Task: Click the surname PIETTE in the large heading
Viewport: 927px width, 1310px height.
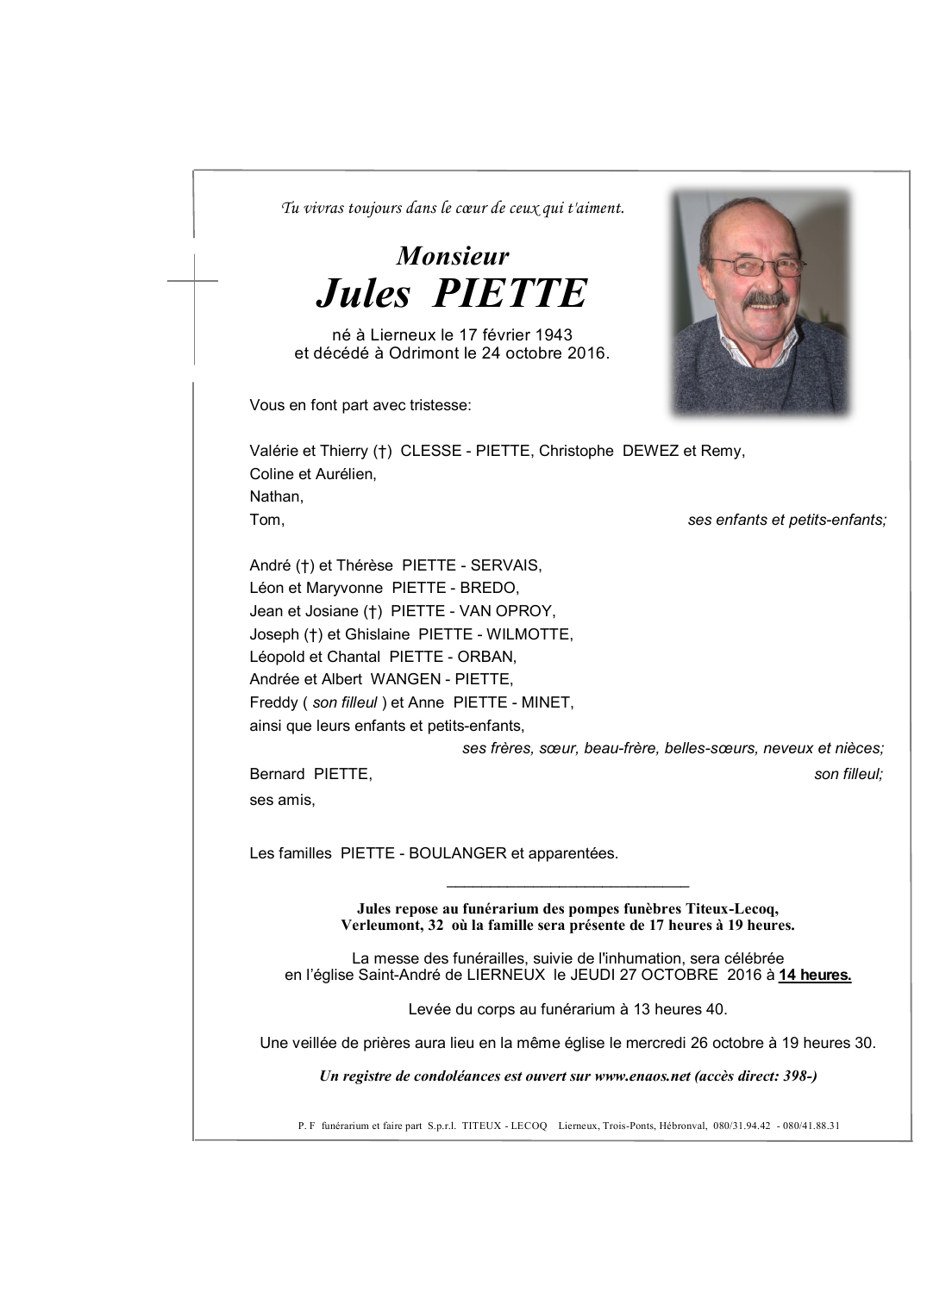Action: (509, 294)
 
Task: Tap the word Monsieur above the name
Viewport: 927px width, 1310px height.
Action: (453, 256)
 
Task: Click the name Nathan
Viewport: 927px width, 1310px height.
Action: (276, 496)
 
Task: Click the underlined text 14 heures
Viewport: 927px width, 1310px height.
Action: (814, 976)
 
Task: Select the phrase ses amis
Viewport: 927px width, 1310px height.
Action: (282, 800)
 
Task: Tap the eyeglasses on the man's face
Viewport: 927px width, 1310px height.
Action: (755, 266)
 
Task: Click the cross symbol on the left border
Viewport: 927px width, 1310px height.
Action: (193, 280)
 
